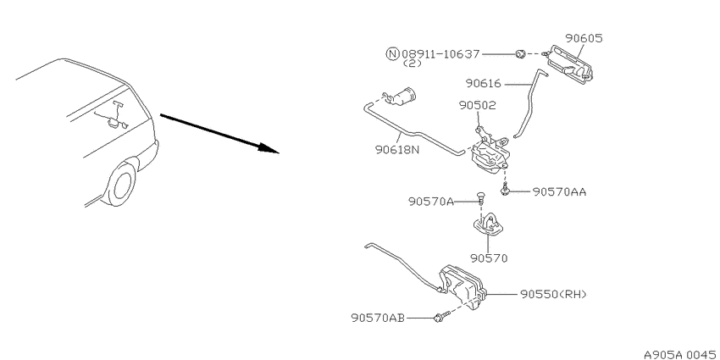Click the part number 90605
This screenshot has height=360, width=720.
click(583, 38)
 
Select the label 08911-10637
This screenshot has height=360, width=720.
click(440, 54)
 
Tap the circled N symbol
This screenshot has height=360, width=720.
click(391, 54)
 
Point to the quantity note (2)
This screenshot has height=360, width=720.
click(412, 64)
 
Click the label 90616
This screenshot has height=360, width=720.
click(484, 84)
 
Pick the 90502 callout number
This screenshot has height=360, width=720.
click(478, 106)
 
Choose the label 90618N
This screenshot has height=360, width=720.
click(397, 150)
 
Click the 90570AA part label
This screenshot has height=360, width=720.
click(559, 192)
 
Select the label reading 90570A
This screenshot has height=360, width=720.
click(431, 202)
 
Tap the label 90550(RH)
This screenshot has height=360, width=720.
click(553, 294)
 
